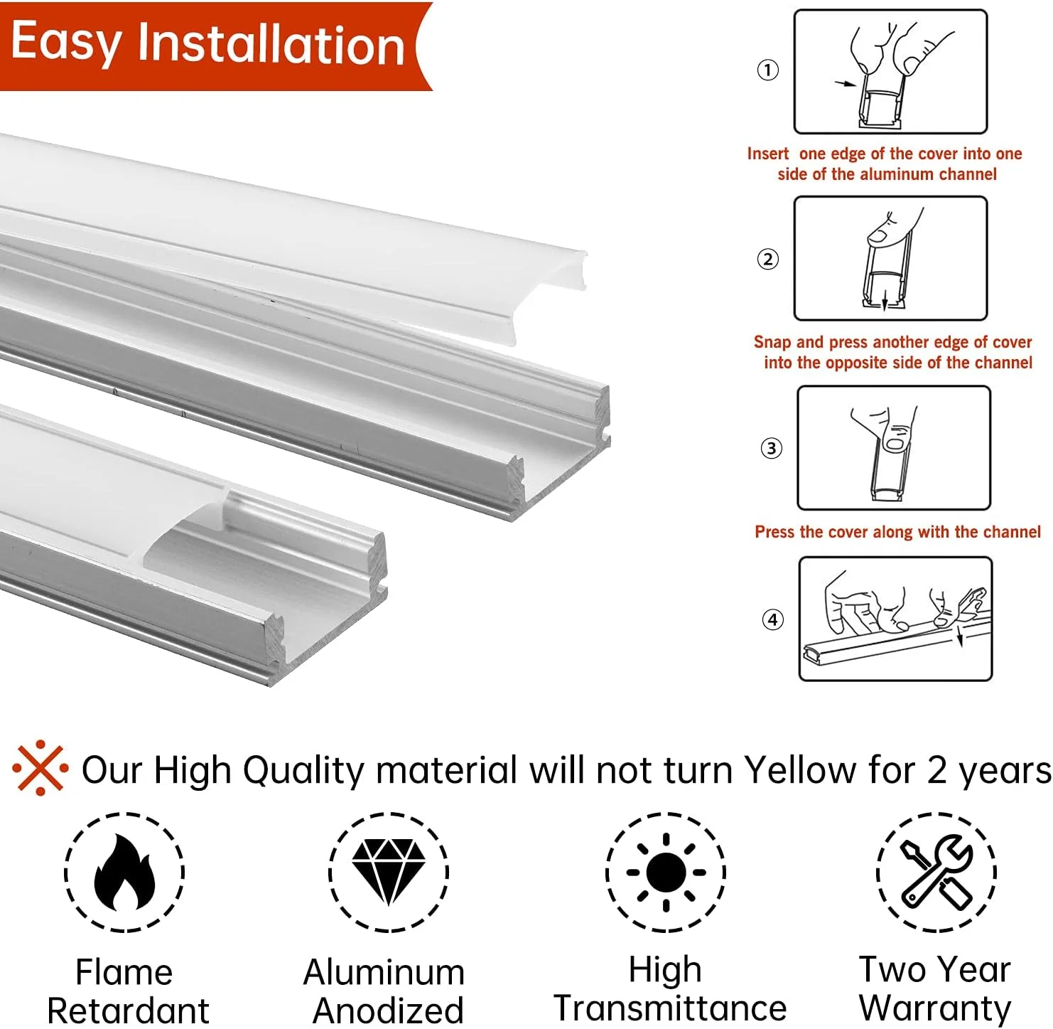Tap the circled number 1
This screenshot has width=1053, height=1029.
tap(768, 70)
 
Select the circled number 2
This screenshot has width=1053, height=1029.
tap(768, 259)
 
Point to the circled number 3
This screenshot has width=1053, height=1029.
tap(771, 449)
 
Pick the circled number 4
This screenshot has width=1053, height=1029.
tap(773, 619)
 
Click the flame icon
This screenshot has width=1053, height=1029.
tap(124, 873)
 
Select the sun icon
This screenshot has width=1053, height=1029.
tap(666, 873)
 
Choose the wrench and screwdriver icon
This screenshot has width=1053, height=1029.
tap(936, 873)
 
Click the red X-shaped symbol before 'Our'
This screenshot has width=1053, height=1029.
tap(40, 767)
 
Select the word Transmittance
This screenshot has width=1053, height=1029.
tap(670, 1008)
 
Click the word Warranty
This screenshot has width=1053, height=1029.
tap(935, 1008)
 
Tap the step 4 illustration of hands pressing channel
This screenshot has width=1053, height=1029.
tap(895, 619)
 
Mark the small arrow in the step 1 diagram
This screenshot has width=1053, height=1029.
tap(845, 83)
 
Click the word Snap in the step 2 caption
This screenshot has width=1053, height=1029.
tap(772, 342)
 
